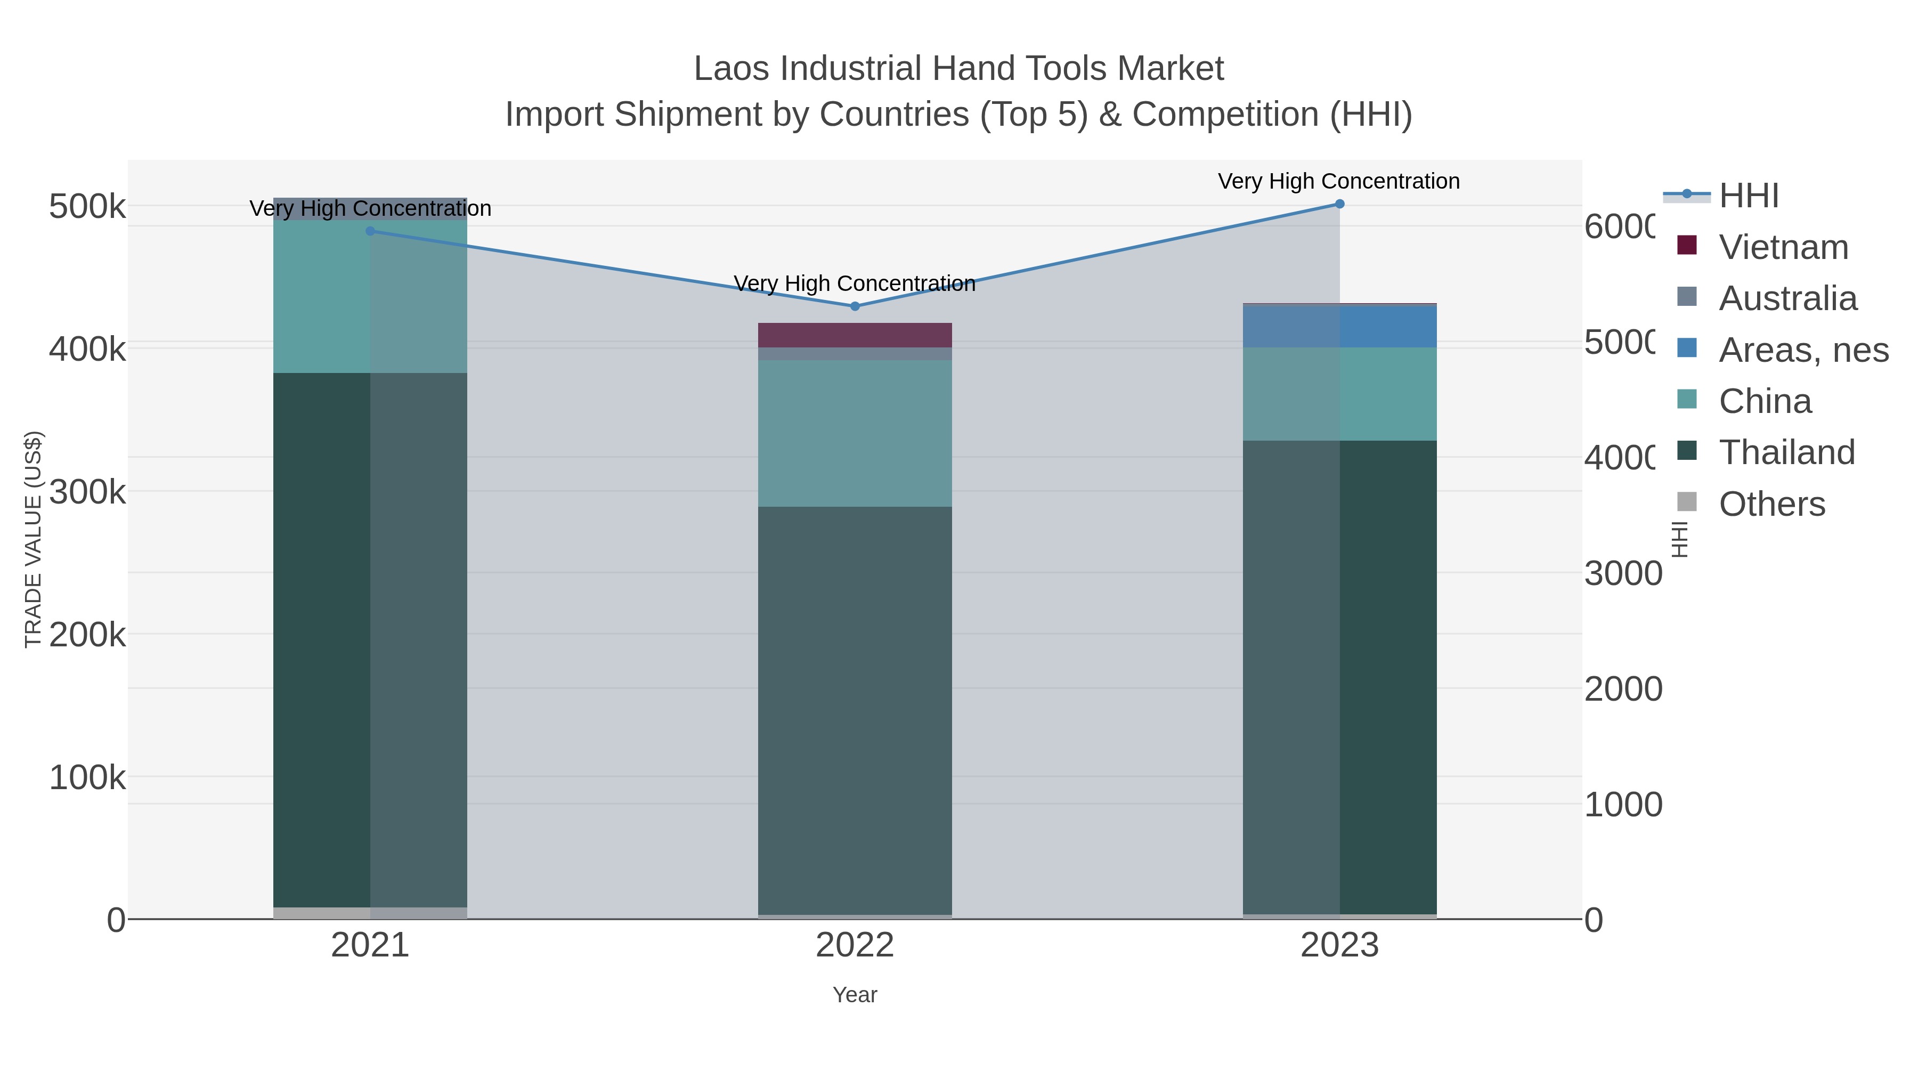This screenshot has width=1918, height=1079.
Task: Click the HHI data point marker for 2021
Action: click(x=370, y=231)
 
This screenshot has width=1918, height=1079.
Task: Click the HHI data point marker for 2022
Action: click(x=855, y=306)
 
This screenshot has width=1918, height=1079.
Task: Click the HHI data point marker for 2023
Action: click(x=1339, y=204)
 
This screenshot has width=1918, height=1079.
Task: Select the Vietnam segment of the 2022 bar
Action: click(x=855, y=335)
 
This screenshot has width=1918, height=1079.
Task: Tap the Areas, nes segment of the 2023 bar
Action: click(x=1339, y=326)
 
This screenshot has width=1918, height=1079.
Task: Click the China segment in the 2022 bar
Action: click(x=855, y=433)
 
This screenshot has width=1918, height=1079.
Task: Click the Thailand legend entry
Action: click(x=1786, y=452)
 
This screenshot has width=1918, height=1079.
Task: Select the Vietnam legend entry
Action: click(x=1783, y=247)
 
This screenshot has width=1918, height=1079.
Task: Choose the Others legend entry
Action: click(x=1771, y=504)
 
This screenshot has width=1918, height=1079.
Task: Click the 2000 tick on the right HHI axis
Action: click(x=1622, y=689)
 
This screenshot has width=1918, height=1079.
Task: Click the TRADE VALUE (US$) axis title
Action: click(x=34, y=539)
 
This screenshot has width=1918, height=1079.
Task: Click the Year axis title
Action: click(x=855, y=995)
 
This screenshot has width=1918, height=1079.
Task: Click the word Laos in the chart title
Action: click(x=733, y=69)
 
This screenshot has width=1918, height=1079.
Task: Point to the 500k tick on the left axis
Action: click(x=87, y=207)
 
